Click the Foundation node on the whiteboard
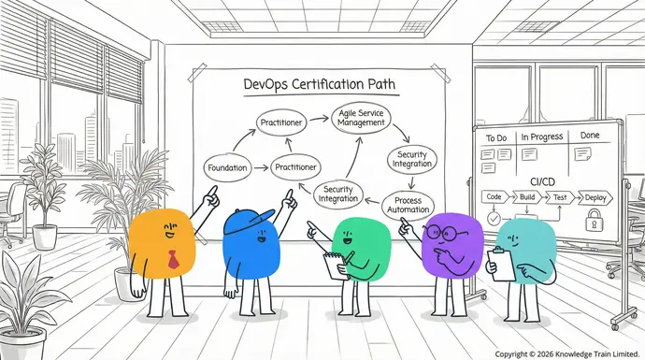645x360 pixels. coord(226,169)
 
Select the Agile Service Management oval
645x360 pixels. coord(359,118)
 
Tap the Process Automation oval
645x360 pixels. coord(408,204)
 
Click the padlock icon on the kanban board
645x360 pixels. coord(593,222)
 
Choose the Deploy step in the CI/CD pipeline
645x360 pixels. coord(595,197)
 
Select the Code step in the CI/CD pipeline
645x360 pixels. coord(494,197)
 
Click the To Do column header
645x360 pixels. coord(495,138)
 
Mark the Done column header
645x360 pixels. coord(589,136)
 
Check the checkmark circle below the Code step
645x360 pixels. coord(494,219)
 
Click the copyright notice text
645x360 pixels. coord(567,353)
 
